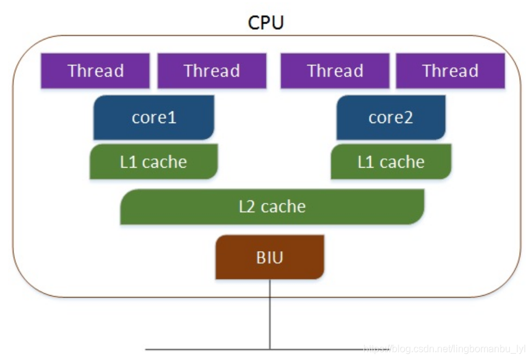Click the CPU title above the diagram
click(x=265, y=22)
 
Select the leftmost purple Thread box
click(x=95, y=71)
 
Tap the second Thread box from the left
click(x=212, y=71)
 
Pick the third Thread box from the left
click(x=335, y=71)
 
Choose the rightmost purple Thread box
click(x=450, y=71)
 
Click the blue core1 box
click(x=153, y=118)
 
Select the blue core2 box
click(x=390, y=118)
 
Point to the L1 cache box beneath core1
click(x=153, y=162)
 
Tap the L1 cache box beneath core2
click(x=391, y=162)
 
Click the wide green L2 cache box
click(x=272, y=207)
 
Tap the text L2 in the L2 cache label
click(x=247, y=207)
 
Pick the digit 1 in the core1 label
click(x=173, y=118)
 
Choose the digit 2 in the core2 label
click(x=408, y=118)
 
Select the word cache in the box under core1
click(x=164, y=162)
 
